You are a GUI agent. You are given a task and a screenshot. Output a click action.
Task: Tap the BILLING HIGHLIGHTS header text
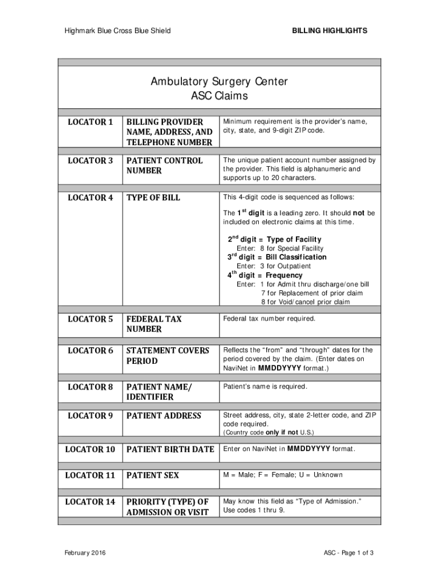[x=330, y=30]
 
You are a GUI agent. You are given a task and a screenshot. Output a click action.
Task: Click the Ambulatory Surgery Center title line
[x=219, y=81]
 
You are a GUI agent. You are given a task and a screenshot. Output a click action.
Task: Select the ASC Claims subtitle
[x=219, y=96]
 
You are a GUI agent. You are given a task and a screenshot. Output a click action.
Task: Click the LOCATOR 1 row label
[x=91, y=122]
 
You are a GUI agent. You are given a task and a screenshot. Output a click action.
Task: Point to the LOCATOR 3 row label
[x=91, y=161]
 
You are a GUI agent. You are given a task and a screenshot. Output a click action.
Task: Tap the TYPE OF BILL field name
[x=153, y=198]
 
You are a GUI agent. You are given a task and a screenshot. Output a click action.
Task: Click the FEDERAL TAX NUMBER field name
[x=154, y=324]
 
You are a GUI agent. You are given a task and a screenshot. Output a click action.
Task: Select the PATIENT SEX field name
[x=152, y=475]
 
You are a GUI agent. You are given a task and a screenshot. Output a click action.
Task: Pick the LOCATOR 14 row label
[x=90, y=502]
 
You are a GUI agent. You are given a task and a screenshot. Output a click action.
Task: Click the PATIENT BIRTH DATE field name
[x=170, y=449]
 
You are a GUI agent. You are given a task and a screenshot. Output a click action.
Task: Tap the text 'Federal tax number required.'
[x=269, y=319]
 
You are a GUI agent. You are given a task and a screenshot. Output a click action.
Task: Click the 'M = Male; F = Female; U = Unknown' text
[x=283, y=475]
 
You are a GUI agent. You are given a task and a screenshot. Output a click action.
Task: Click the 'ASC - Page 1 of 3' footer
[x=348, y=553]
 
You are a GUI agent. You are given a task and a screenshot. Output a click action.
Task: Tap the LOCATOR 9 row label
[x=91, y=416]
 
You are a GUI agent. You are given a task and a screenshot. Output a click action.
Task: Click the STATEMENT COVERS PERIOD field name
[x=168, y=356]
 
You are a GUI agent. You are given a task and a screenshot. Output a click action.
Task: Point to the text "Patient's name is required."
[x=265, y=387]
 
